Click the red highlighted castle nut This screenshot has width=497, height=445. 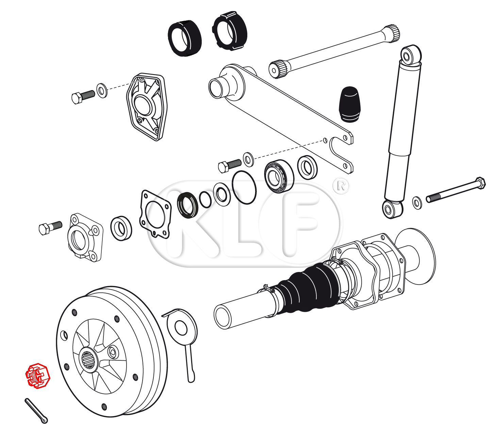coord(38,376)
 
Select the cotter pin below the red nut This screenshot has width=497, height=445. coord(36,411)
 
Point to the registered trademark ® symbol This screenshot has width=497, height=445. coord(341,186)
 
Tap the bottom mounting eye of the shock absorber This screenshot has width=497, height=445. coord(392,209)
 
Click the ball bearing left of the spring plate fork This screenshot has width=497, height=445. coord(279,176)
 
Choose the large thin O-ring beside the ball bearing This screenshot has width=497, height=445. coord(244,187)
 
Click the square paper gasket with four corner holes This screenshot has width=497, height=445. coord(155,214)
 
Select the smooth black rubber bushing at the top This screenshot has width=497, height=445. coord(185,38)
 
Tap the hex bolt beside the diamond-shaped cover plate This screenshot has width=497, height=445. coord(83,96)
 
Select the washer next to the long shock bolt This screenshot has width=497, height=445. coord(417,203)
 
